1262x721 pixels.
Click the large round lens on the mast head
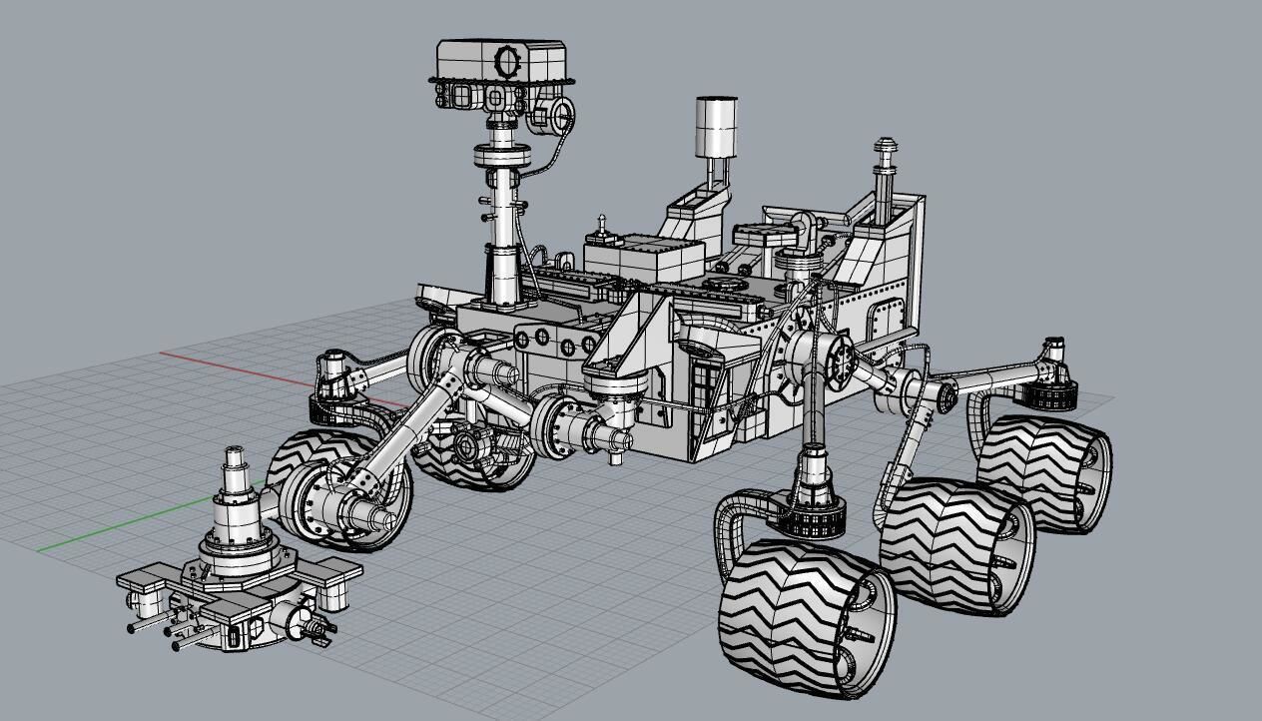tap(508, 62)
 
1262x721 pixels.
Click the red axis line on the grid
tap(250, 367)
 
